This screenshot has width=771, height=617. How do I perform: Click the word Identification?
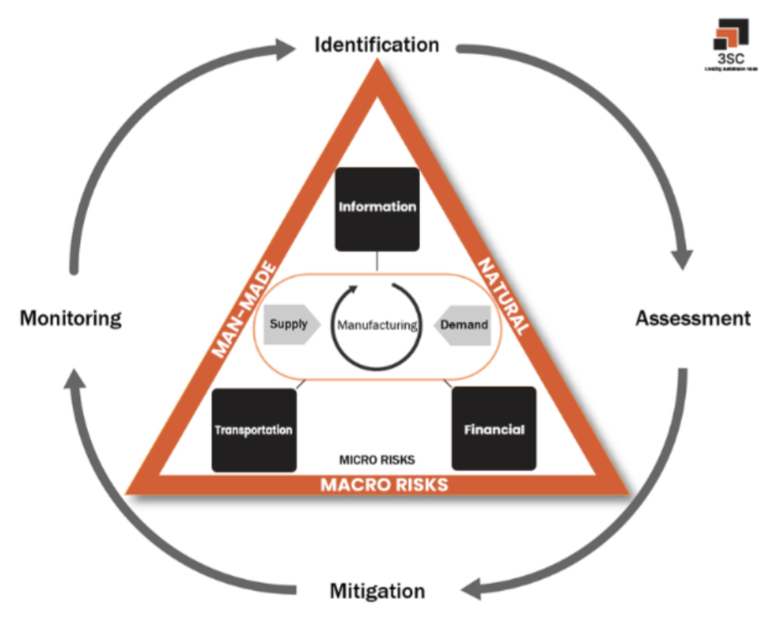point(376,44)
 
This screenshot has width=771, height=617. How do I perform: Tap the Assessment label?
point(692,319)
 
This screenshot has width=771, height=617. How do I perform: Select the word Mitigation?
point(377,590)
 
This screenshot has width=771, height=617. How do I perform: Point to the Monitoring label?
point(71,319)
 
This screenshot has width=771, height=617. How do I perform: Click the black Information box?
point(377,208)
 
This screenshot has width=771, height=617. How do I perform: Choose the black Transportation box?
point(254,430)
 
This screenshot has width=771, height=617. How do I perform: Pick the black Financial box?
point(493,429)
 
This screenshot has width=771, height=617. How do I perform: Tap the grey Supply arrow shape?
point(290,324)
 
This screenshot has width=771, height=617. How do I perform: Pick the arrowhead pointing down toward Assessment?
point(682,259)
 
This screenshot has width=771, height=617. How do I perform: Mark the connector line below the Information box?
point(377,261)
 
